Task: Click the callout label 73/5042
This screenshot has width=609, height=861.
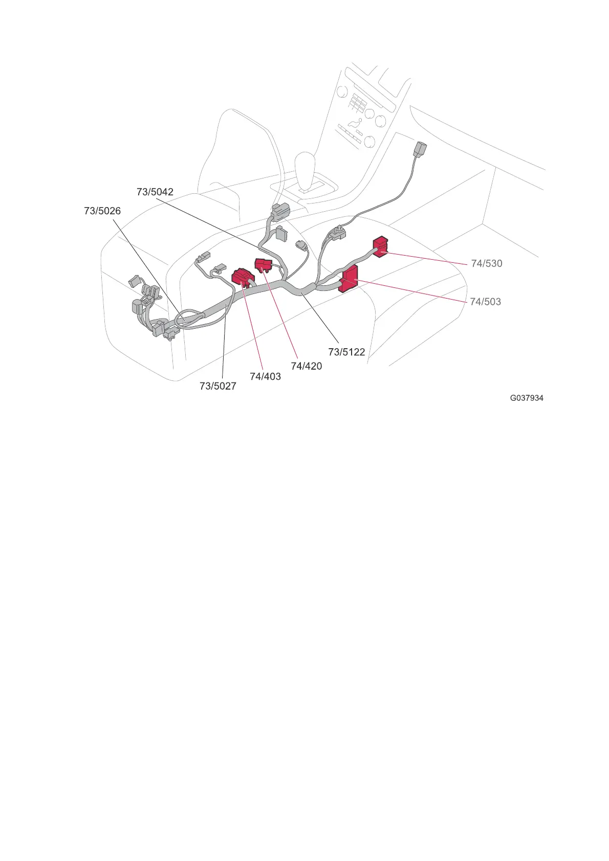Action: click(155, 192)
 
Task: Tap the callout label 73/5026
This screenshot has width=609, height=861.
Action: click(102, 211)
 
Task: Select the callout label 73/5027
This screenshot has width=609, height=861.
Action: click(218, 386)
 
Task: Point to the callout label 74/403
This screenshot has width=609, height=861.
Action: click(265, 376)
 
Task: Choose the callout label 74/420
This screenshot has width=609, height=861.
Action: click(306, 366)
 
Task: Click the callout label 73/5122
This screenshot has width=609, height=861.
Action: click(346, 352)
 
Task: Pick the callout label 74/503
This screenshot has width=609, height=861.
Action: click(485, 302)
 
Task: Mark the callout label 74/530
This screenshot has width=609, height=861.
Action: click(487, 263)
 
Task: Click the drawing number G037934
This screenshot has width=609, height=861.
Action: click(527, 398)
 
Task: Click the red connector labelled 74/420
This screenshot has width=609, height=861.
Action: click(263, 264)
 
